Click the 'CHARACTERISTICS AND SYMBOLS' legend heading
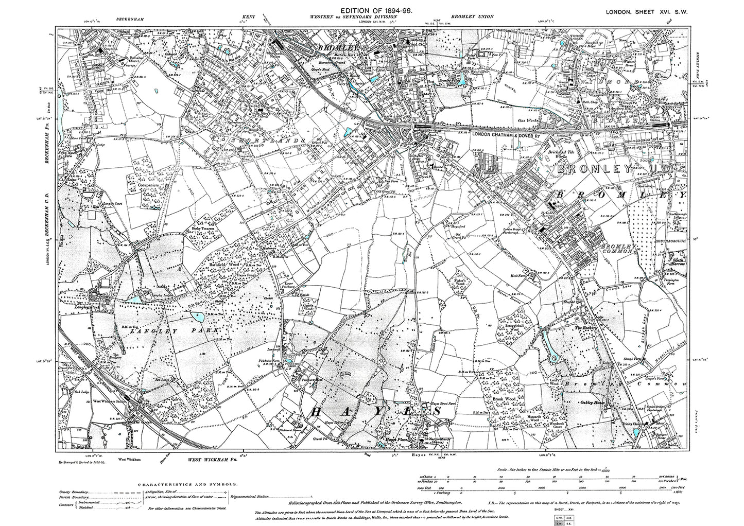[x=188, y=484]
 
